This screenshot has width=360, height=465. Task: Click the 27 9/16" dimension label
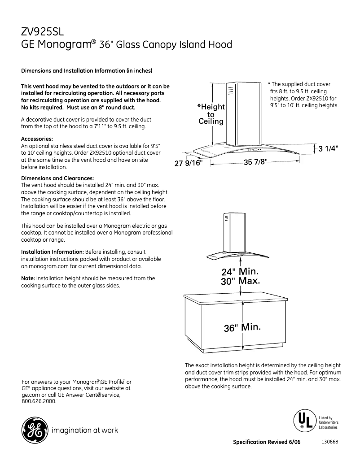pos(189,164)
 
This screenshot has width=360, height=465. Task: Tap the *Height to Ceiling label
pos(211,114)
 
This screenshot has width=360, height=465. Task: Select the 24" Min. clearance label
pos(240,272)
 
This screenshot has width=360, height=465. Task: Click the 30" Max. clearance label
pos(241,281)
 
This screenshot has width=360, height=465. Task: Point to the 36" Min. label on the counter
pos(242,327)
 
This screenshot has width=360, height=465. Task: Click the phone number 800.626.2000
pos(39,401)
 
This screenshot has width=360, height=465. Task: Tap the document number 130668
pos(329,442)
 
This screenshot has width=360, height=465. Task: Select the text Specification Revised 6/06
pos(267,442)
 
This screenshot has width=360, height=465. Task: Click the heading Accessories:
pos(37,139)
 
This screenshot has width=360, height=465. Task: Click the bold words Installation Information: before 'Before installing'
pos(53,252)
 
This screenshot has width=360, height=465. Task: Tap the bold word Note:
pos(28,278)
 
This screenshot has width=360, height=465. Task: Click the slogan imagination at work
pos(85,430)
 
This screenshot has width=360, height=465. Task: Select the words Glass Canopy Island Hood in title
pos(174,45)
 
